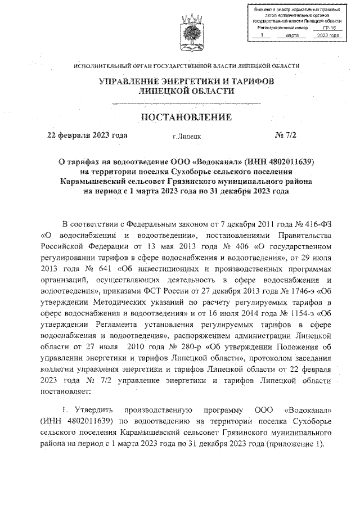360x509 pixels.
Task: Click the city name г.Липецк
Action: click(x=187, y=136)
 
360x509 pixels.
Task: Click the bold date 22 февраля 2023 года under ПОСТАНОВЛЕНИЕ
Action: click(x=88, y=135)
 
